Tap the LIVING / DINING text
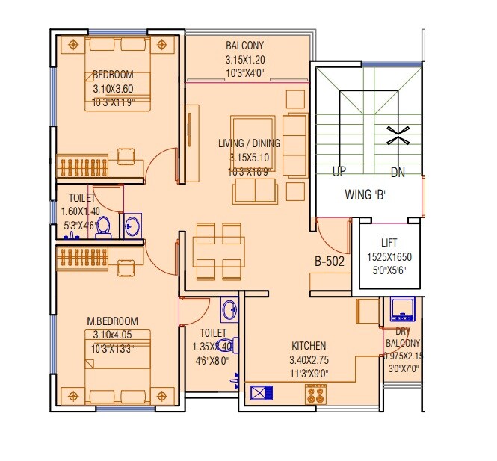[x=249, y=143]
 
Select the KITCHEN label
[x=309, y=346]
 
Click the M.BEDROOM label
[x=112, y=321]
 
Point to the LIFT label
[x=389, y=243]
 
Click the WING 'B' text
[x=365, y=195]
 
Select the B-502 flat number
[x=329, y=262]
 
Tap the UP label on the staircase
[x=339, y=172]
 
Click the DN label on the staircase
[x=398, y=172]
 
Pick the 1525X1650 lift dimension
[x=389, y=257]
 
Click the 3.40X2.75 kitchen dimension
[x=308, y=359]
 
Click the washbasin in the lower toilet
[x=228, y=309]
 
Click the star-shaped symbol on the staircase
[x=397, y=135]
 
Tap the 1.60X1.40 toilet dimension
[x=79, y=211]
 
